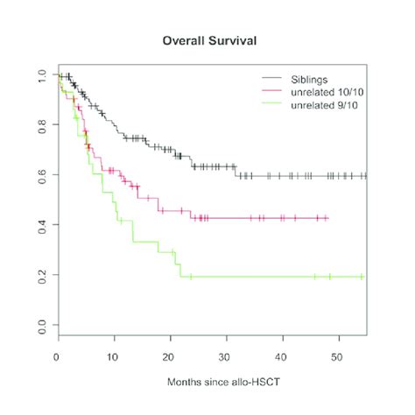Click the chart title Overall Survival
coord(207,41)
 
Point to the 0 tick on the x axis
coord(57,355)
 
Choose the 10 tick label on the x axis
coord(113,355)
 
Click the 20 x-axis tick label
coord(169,355)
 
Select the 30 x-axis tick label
coord(225,355)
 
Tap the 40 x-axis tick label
coord(281,355)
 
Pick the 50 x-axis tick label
coord(337,355)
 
